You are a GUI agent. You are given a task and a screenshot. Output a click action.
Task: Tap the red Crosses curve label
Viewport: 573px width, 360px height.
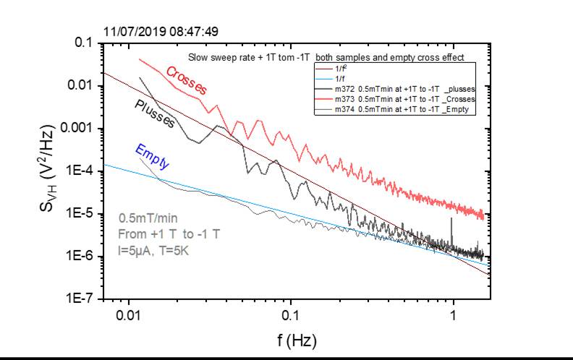point(187,80)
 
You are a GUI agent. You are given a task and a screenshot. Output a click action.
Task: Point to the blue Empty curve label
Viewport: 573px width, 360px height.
point(152,157)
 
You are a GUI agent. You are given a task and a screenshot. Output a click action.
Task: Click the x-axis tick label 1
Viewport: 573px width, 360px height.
point(454,316)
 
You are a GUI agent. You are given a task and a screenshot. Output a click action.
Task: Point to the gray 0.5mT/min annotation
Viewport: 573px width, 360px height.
point(148,218)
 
